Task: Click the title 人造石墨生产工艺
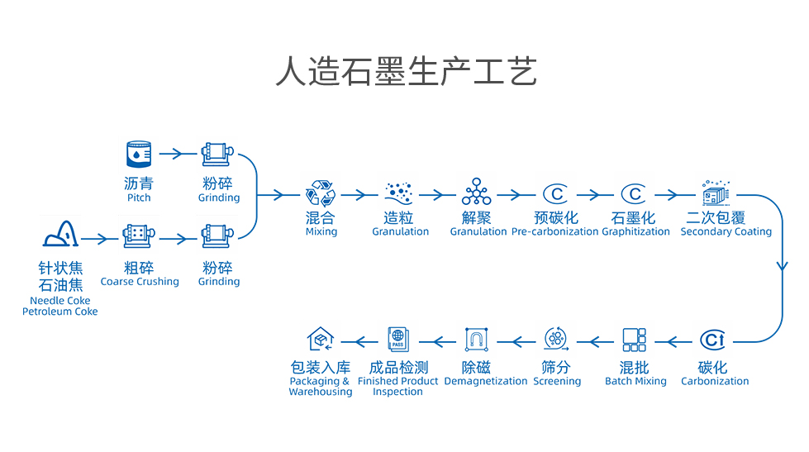(x=405, y=72)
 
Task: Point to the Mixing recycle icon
(x=321, y=193)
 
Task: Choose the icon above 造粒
(x=400, y=193)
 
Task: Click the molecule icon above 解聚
(x=477, y=192)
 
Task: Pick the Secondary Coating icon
(x=715, y=193)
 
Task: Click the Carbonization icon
(x=713, y=340)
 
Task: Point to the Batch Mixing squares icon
(x=635, y=340)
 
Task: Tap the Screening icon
(x=556, y=340)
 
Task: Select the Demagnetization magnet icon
(x=477, y=340)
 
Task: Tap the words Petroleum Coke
(x=60, y=312)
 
